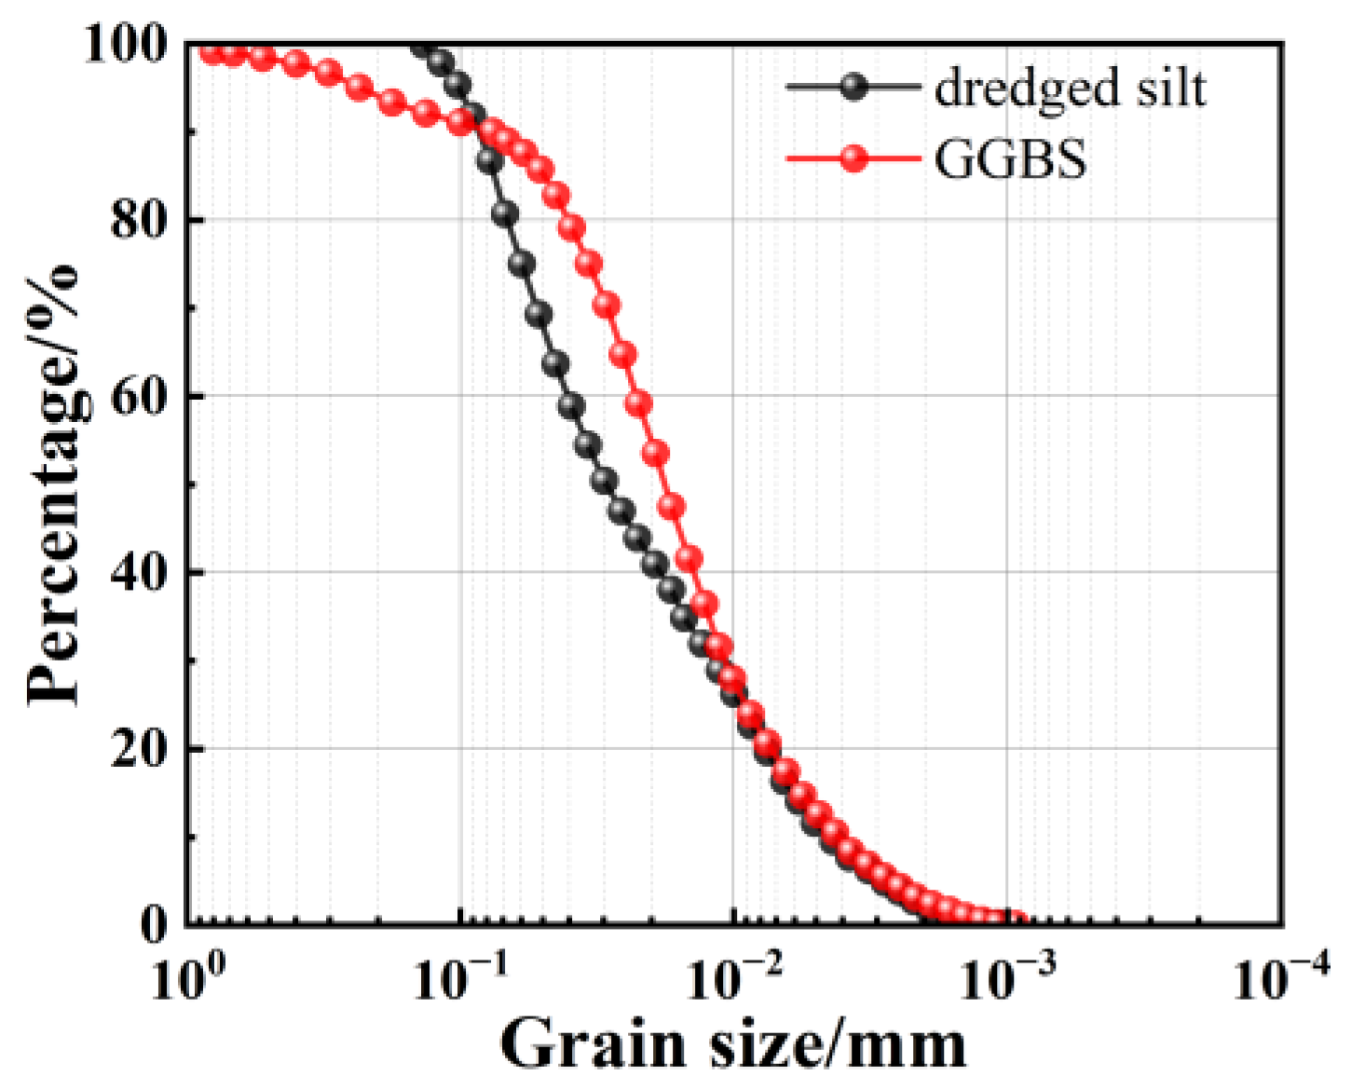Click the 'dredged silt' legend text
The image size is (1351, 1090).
coord(1070,89)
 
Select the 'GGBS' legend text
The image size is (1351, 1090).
coord(1010,159)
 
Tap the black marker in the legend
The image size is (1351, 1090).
coord(853,88)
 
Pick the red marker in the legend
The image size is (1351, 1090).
coord(853,159)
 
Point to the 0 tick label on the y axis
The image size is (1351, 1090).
coord(155,922)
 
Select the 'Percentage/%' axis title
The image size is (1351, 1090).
coord(53,484)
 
